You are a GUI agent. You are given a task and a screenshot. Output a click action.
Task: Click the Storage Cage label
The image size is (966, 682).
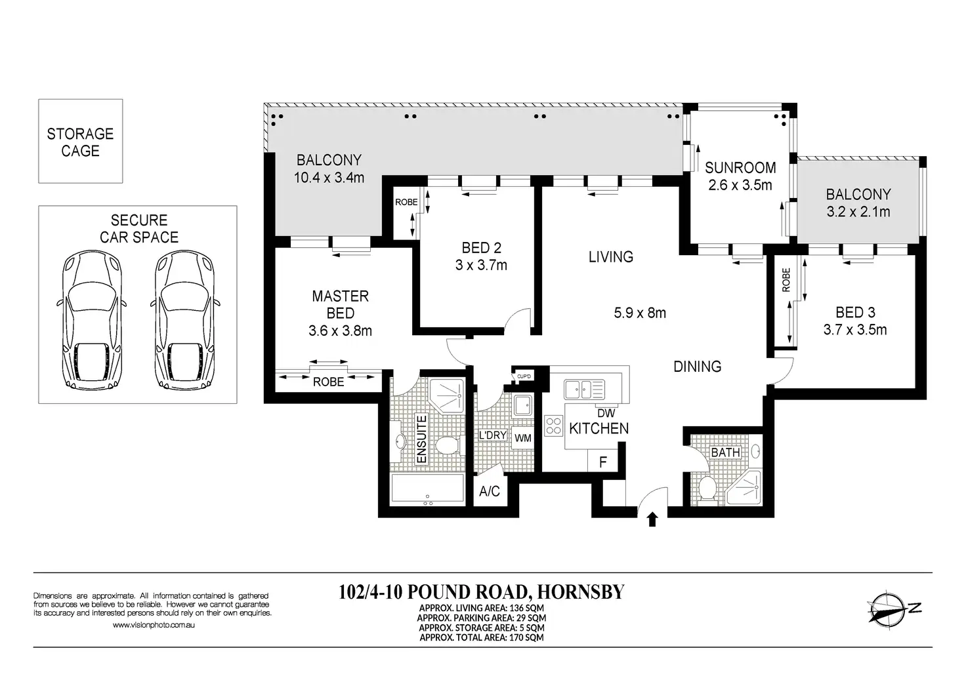(80, 142)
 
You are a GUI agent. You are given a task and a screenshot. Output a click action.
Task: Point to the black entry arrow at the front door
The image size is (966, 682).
(652, 519)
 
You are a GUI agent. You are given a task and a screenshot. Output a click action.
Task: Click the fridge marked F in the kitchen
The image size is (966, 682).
(603, 462)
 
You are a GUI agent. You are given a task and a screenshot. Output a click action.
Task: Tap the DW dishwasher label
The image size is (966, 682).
(606, 412)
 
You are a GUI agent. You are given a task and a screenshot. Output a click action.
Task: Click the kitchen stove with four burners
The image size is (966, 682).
(554, 425)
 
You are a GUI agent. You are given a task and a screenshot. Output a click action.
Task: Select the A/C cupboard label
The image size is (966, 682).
(490, 491)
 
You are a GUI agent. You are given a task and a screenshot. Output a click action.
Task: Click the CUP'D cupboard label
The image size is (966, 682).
(524, 376)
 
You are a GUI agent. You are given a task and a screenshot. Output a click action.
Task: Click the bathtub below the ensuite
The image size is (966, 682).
(427, 488)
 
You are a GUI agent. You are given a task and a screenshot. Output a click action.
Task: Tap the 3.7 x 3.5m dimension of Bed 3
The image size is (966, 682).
(855, 330)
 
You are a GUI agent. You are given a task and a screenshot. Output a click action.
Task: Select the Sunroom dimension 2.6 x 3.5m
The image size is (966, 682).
(740, 185)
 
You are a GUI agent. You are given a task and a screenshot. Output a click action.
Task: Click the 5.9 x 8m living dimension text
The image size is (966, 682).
(640, 312)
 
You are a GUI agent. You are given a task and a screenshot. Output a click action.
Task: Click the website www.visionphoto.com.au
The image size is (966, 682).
(154, 625)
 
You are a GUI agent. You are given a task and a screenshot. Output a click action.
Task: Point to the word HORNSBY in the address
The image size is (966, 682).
(581, 592)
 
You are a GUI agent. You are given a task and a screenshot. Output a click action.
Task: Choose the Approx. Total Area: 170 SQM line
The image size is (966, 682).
(481, 637)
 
